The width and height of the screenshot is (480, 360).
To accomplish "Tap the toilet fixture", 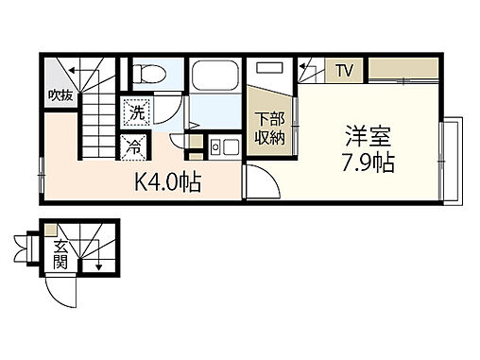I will click(146, 73).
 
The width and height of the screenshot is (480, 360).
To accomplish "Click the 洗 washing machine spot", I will click(137, 111).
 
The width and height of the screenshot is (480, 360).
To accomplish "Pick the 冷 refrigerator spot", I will click(135, 146).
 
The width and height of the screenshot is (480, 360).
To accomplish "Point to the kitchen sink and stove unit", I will click(222, 147).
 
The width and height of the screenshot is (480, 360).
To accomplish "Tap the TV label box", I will click(343, 69).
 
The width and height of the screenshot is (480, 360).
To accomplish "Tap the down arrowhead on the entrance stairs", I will click(98, 268).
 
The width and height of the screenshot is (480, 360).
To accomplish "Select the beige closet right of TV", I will click(403, 69).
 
